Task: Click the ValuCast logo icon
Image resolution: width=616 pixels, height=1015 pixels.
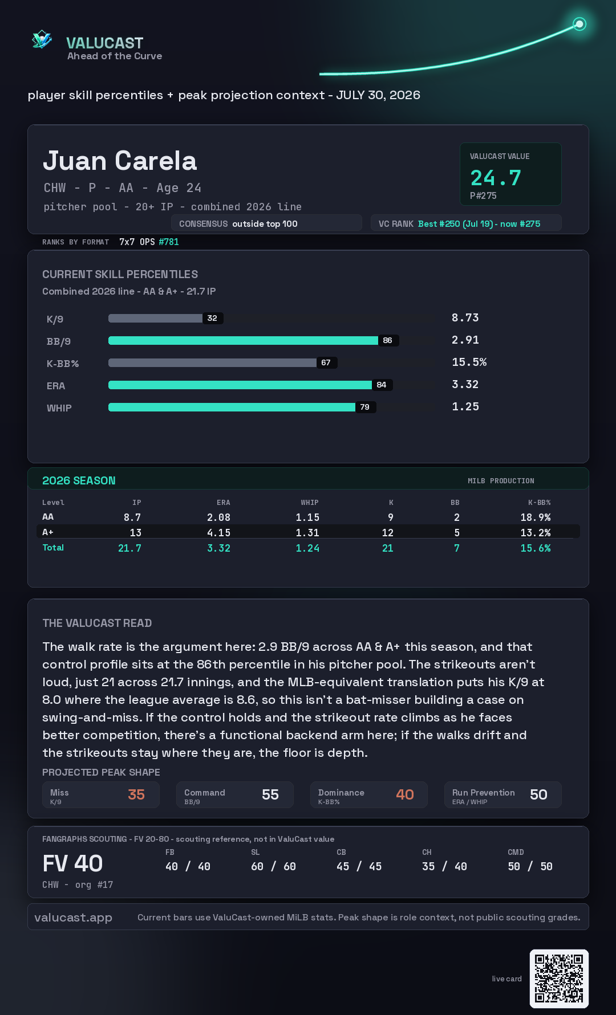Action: [x=42, y=39]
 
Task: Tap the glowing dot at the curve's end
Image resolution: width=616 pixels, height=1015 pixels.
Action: [x=579, y=24]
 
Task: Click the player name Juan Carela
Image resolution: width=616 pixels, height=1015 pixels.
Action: [x=120, y=161]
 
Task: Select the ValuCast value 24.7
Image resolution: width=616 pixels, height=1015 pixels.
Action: [x=496, y=178]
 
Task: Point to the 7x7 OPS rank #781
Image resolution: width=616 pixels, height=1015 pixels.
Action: [x=169, y=242]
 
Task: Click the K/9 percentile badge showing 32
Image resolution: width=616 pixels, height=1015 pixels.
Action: [x=212, y=318]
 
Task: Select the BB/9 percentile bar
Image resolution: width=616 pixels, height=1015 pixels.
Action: [x=243, y=340]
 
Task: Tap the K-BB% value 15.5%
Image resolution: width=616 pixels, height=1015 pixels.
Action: [x=469, y=362]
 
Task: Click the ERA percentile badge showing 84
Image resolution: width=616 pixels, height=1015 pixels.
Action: [x=382, y=385]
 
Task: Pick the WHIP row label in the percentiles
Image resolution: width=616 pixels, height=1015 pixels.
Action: [x=59, y=408]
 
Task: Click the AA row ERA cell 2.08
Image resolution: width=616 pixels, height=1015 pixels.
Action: [x=218, y=517]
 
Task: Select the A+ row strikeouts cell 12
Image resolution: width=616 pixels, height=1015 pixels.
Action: [x=388, y=533]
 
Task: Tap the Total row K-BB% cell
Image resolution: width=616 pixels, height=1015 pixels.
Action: [x=536, y=548]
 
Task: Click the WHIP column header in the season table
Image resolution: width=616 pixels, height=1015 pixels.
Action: [x=310, y=503]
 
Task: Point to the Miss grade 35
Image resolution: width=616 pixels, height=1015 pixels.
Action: [x=136, y=794]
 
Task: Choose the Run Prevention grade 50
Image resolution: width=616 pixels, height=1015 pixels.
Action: [x=538, y=794]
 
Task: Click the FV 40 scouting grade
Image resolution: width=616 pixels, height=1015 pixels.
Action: [x=72, y=863]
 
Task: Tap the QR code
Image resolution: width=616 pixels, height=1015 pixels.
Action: [x=559, y=979]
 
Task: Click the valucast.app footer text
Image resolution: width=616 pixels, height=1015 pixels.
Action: [x=73, y=918]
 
